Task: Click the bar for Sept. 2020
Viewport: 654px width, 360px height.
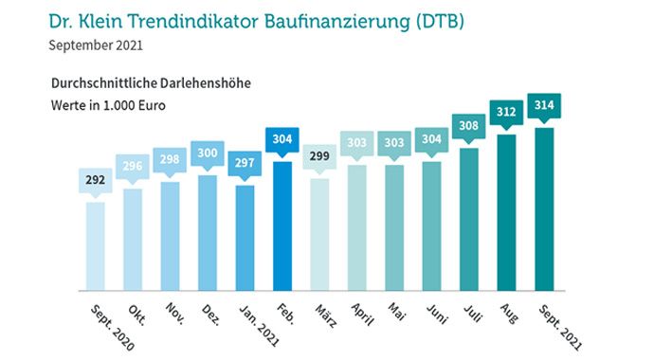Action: click(x=96, y=245)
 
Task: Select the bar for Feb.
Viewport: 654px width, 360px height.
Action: click(x=282, y=225)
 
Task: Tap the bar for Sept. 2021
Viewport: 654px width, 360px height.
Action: click(x=543, y=208)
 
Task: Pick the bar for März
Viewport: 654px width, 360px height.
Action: click(x=319, y=234)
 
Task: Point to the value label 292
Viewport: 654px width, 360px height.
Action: click(x=96, y=180)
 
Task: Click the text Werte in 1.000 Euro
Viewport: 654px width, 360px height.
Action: click(x=108, y=105)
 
